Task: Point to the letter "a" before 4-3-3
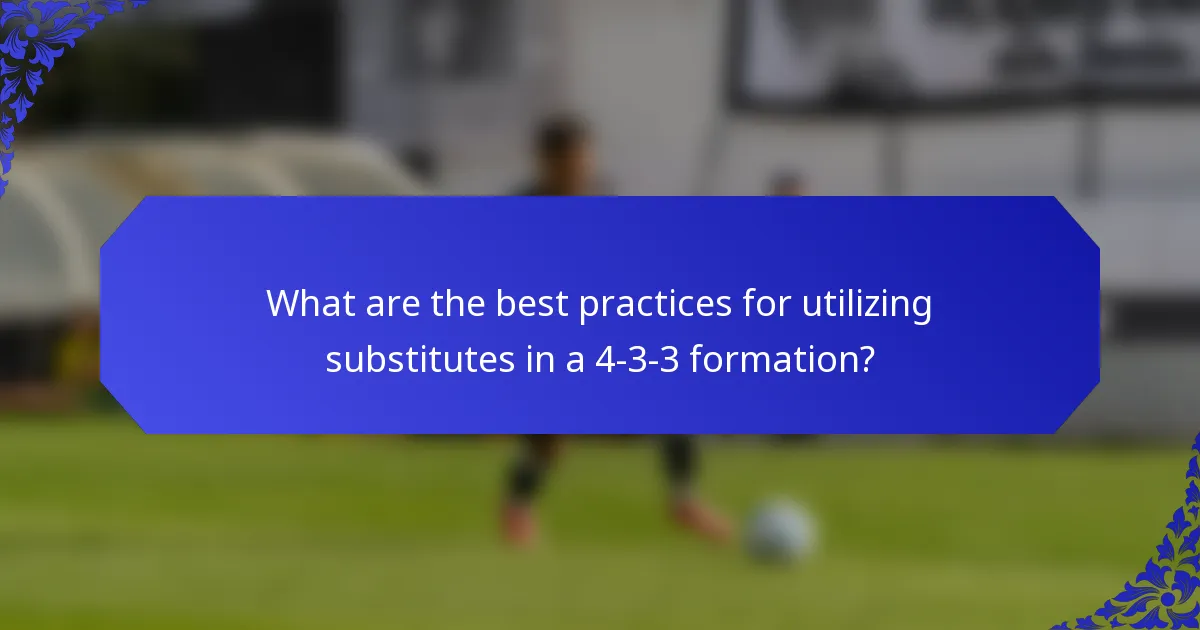(574, 361)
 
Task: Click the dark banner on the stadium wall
(960, 50)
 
